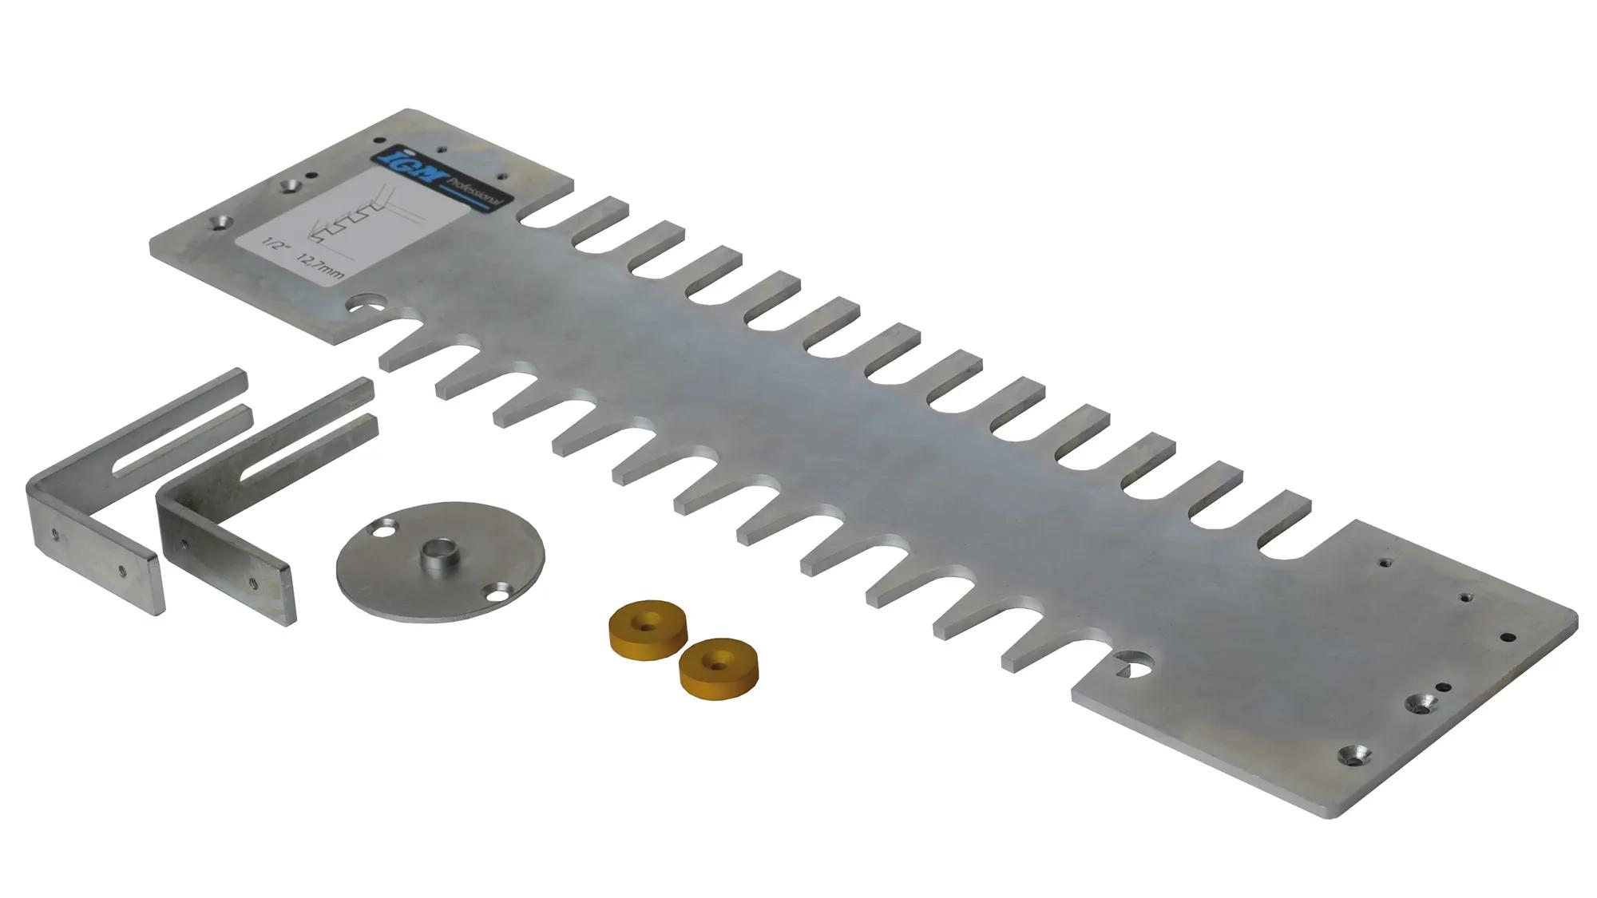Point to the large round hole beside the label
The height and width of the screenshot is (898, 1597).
[367, 306]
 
